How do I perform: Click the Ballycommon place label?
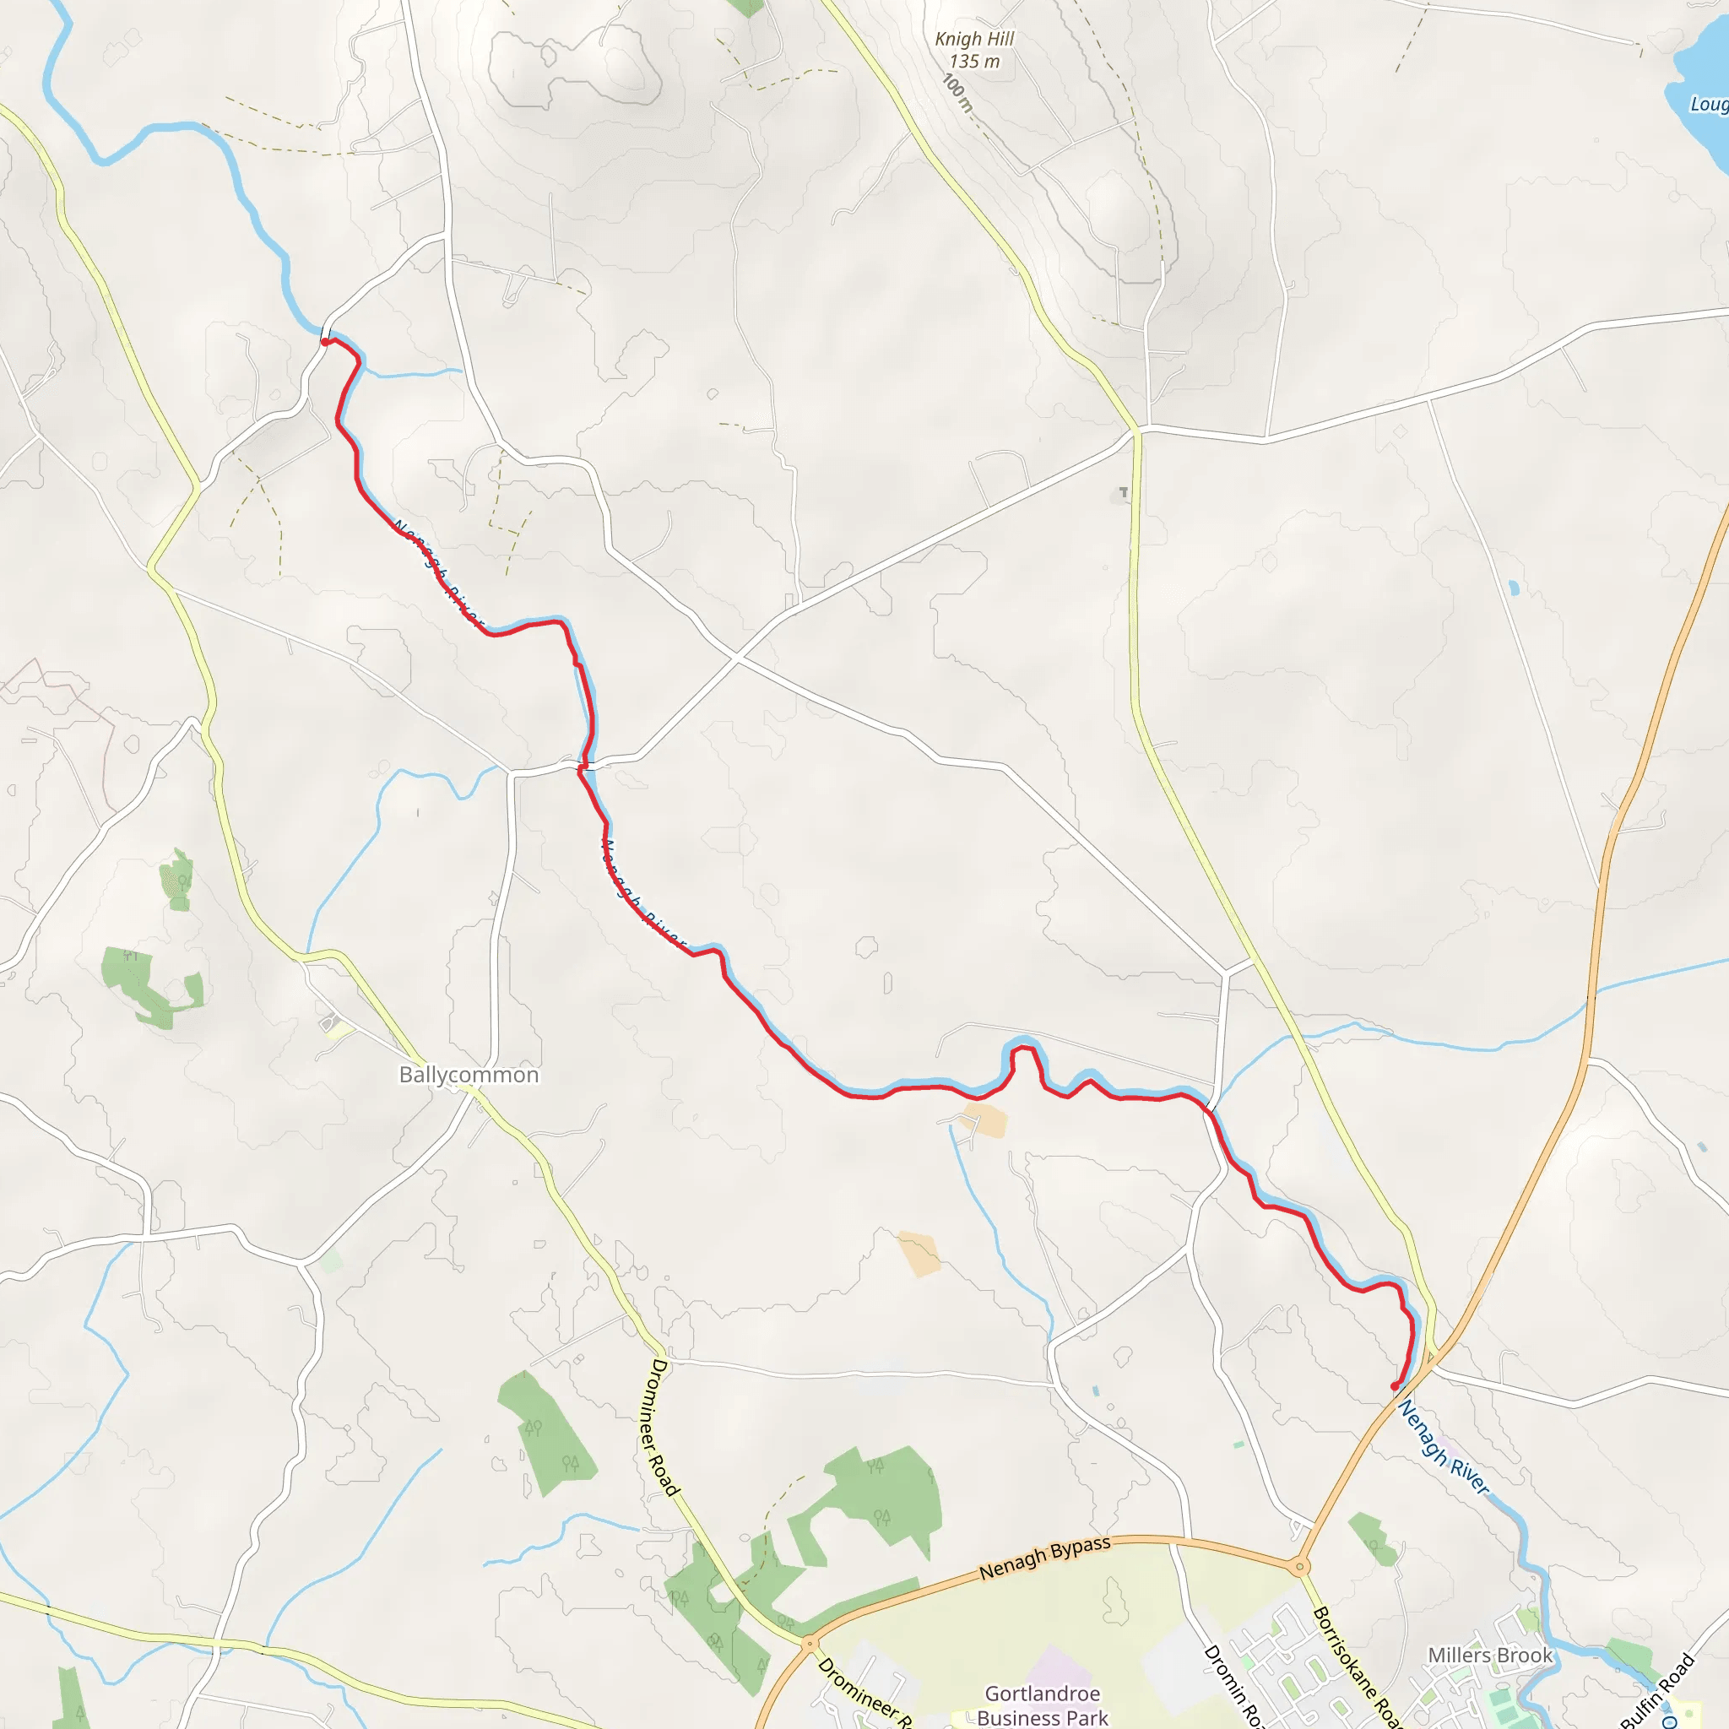[x=469, y=1075]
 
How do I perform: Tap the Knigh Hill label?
[x=973, y=40]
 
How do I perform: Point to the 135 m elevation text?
[x=973, y=62]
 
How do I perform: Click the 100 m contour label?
[x=957, y=92]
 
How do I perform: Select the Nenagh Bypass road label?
[x=1044, y=1558]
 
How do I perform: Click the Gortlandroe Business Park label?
[x=1043, y=1705]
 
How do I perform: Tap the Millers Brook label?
[x=1490, y=1656]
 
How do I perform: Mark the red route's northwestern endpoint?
[x=325, y=341]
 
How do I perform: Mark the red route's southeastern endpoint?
[x=1395, y=1386]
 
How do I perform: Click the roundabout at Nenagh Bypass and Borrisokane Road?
[x=1299, y=1567]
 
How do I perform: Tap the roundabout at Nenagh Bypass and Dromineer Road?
[x=809, y=1643]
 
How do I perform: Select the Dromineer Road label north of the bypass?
[x=663, y=1427]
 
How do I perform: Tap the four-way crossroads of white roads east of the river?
[x=736, y=658]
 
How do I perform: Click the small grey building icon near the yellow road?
[x=1122, y=493]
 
